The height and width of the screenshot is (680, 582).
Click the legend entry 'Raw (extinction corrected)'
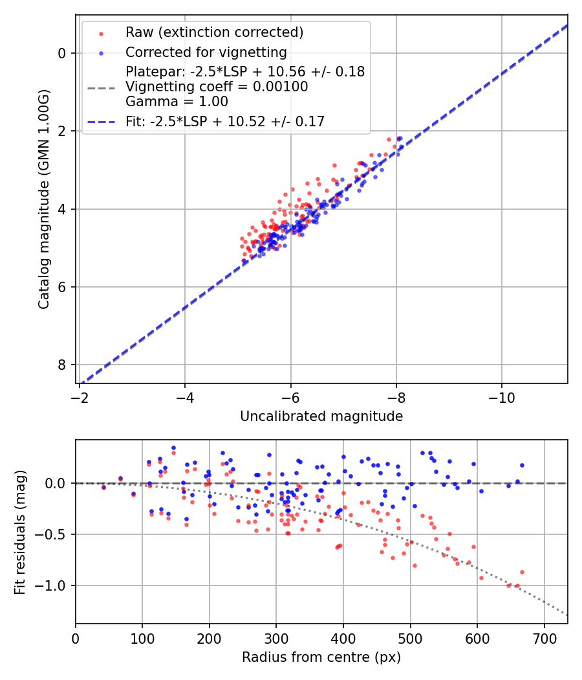(x=214, y=32)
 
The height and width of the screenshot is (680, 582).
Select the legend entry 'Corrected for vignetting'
(x=206, y=52)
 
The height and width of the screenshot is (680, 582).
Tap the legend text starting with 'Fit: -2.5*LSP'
(x=225, y=121)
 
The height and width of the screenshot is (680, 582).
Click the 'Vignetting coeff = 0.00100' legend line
(x=217, y=87)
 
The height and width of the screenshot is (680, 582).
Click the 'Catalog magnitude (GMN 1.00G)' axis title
(x=43, y=199)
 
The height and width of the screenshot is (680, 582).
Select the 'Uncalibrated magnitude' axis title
(x=321, y=416)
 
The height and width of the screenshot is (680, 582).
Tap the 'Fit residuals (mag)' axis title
(x=20, y=532)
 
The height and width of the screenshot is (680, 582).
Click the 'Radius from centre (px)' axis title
(x=321, y=657)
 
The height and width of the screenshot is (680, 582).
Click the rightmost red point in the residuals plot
(x=522, y=572)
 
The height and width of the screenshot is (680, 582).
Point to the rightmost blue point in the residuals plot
(x=522, y=465)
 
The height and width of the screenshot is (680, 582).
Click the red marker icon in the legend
(x=100, y=32)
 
